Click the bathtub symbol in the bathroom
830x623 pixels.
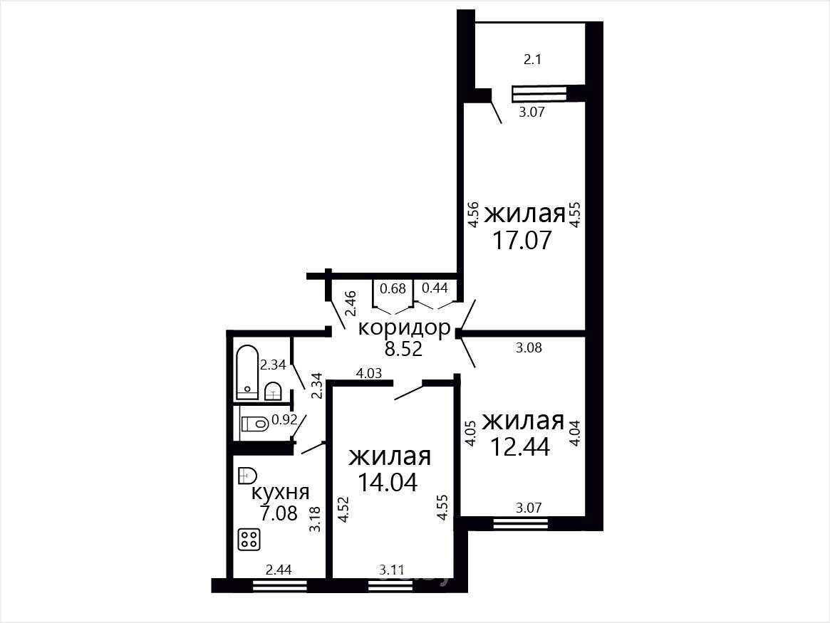click(247, 373)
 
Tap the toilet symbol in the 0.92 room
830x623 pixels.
click(254, 424)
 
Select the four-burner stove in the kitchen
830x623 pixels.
click(249, 540)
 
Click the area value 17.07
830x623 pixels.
click(522, 240)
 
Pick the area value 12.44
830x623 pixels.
click(520, 446)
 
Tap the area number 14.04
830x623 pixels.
click(388, 482)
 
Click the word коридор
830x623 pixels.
click(405, 328)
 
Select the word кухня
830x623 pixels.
click(280, 493)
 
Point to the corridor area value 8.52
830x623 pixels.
click(404, 349)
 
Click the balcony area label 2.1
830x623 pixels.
click(532, 59)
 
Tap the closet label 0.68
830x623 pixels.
click(393, 288)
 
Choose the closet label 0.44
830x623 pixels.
click(435, 288)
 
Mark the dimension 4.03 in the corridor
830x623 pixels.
click(369, 373)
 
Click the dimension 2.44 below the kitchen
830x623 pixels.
click(279, 570)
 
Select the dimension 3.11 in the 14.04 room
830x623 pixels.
click(392, 570)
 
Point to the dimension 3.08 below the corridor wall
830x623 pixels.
click(529, 348)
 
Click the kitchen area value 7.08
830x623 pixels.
click(279, 513)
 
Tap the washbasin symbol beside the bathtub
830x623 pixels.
click(272, 391)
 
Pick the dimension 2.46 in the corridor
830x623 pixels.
click(351, 303)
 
